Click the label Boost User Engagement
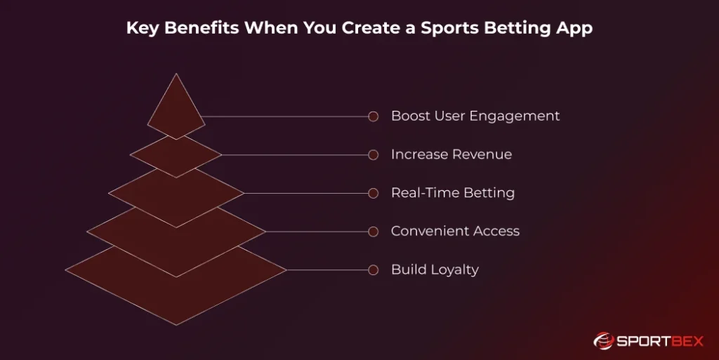475,116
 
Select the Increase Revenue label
451,154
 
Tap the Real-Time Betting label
452,192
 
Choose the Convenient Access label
455,231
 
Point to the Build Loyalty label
435,269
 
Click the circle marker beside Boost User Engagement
374,116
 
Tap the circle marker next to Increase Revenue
374,154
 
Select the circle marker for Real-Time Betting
374,193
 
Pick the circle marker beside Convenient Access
374,231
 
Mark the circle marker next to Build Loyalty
374,269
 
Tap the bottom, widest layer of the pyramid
176,295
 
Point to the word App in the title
576,29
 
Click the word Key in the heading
140,29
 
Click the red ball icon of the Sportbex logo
603,341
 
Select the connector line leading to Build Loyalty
327,269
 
